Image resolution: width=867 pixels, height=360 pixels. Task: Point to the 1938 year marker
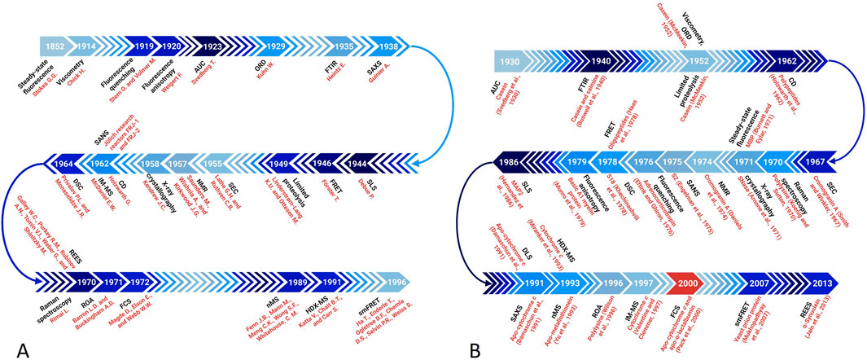click(x=379, y=46)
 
